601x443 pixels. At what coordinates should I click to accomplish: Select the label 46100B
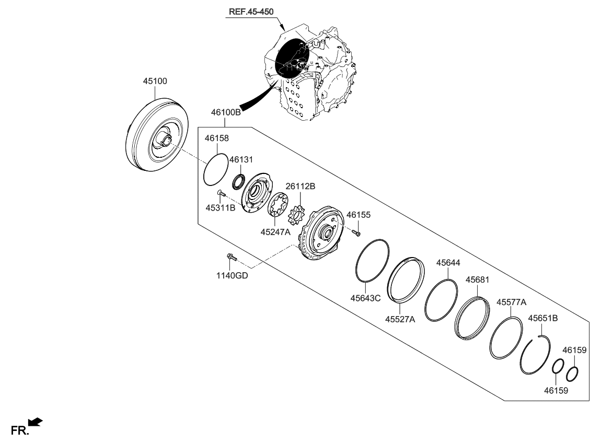point(226,112)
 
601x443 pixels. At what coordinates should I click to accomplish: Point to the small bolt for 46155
point(356,231)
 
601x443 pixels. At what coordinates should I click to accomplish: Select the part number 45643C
point(365,298)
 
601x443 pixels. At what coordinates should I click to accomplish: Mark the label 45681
point(477,280)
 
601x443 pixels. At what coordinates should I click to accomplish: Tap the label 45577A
point(511,302)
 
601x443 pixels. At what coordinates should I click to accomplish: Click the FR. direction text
point(19,430)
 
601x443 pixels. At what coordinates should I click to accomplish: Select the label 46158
point(217,139)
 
